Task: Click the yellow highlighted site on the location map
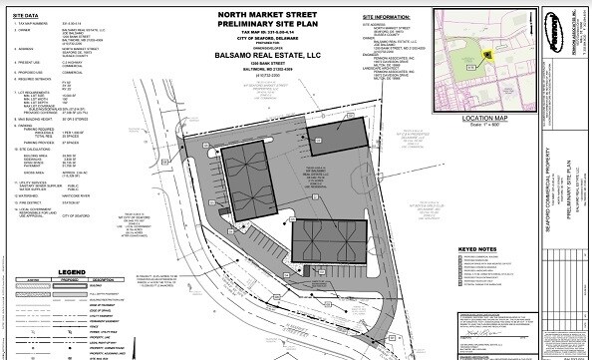pos(488,57)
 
